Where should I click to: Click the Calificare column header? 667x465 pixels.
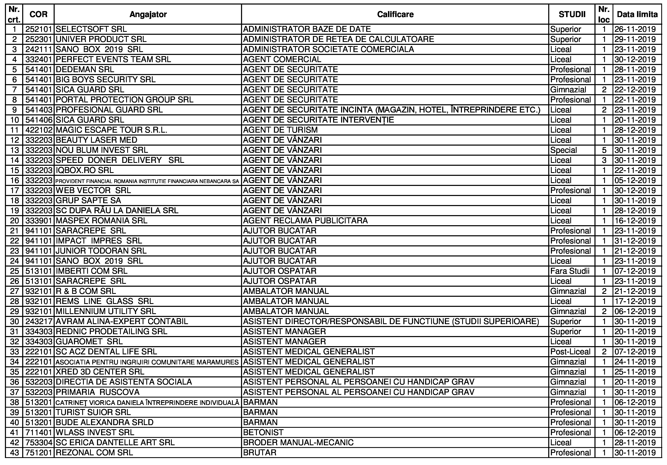tap(395, 14)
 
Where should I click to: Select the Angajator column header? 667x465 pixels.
tap(148, 14)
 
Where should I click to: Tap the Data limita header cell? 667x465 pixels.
tap(637, 14)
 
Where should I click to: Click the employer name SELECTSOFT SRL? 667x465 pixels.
tap(91, 29)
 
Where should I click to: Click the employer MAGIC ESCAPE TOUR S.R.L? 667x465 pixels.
tap(111, 130)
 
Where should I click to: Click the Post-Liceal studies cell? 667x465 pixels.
tap(570, 352)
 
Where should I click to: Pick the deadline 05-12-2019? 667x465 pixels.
tap(635, 180)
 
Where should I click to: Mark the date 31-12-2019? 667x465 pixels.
tap(635, 241)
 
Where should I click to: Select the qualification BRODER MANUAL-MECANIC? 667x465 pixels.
tap(298, 442)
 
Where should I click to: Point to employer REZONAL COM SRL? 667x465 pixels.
tap(94, 452)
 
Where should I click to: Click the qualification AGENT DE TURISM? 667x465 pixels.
tap(280, 130)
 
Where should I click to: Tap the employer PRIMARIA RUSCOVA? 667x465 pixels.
tap(98, 392)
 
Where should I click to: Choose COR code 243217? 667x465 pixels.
tap(39, 321)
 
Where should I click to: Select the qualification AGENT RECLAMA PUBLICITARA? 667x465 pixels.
tap(305, 221)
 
